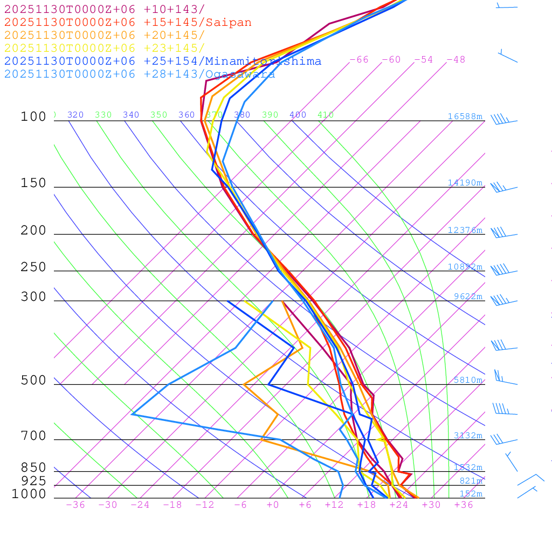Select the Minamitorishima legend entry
263,61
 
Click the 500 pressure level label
33,381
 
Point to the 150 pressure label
33,183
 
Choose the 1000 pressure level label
29,494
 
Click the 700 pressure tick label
33,436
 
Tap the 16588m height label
465,116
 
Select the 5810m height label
467,380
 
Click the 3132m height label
467,436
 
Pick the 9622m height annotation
467,296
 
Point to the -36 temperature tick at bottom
75,505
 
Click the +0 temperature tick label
272,505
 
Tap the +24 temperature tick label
399,505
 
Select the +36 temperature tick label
464,505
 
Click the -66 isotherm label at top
358,60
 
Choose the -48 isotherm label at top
456,60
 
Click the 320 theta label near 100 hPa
75,115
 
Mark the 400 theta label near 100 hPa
298,115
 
